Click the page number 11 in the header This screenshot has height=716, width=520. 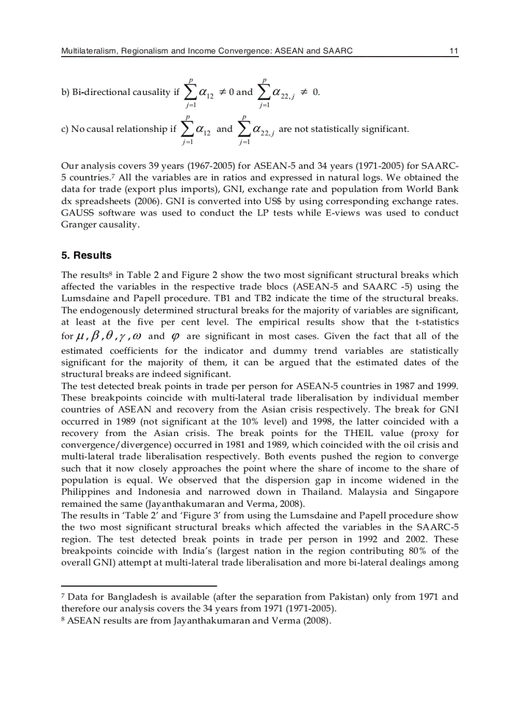454,50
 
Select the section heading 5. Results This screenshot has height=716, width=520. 86,256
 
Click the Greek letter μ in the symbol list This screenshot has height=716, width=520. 80,337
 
